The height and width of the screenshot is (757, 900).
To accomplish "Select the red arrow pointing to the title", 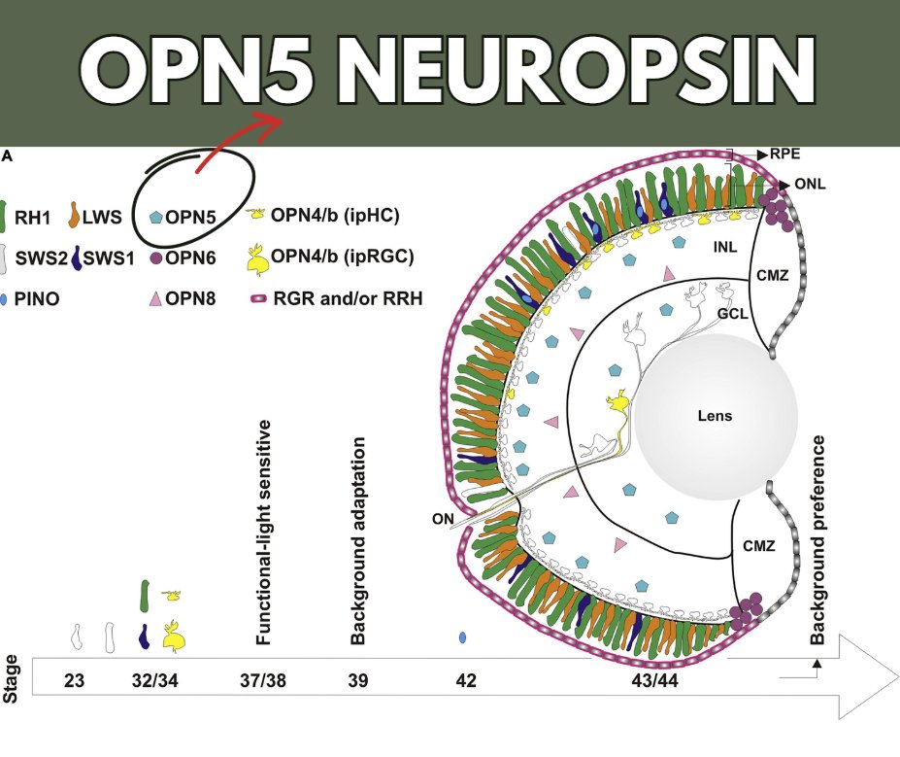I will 238,141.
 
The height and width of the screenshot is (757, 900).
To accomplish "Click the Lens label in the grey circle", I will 715,416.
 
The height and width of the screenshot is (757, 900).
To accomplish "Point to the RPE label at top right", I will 785,154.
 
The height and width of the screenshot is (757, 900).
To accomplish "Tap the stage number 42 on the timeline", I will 465,680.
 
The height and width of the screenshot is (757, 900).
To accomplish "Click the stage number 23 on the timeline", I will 76,680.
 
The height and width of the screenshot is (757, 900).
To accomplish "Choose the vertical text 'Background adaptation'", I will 358,541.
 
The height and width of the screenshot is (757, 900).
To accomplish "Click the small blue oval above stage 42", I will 462,637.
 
